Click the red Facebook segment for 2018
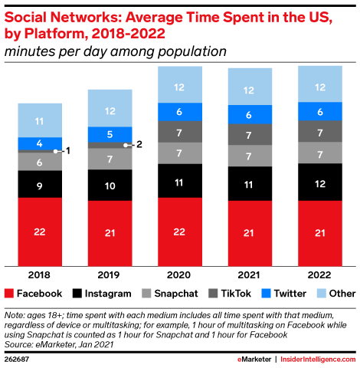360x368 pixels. coord(40,232)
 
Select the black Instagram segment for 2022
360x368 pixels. coord(320,182)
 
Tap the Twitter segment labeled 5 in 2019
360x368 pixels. coord(110,134)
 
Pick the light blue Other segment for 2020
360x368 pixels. coord(180,84)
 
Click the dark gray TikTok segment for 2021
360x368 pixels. coord(250,134)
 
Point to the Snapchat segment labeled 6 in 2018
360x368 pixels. coord(40,162)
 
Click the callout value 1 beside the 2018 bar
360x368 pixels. coord(68,151)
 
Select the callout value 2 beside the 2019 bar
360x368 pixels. coord(139,144)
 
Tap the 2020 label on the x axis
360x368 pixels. coord(178,275)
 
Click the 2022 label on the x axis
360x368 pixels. coord(319,275)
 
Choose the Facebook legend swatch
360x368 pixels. coord(9,294)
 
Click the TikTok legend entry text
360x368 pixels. coord(236,294)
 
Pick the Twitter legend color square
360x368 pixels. coord(266,294)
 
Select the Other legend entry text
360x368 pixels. coord(342,294)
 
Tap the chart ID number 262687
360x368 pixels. coord(17,360)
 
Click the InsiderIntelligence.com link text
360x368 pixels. coord(318,360)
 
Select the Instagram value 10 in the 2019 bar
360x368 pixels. coord(110,186)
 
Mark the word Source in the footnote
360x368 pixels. coord(18,344)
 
